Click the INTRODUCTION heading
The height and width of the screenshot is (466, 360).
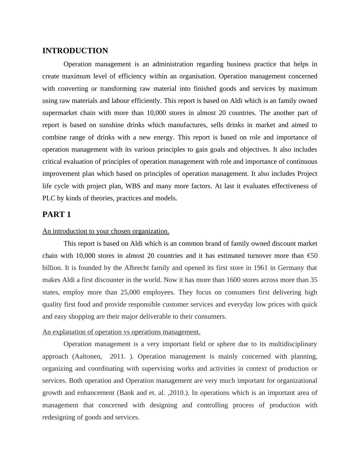(75, 51)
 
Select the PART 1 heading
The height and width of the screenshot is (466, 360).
(57, 215)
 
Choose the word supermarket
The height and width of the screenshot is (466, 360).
(59, 113)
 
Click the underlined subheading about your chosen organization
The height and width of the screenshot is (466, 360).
(106, 231)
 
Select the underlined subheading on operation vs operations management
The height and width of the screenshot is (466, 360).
(121, 332)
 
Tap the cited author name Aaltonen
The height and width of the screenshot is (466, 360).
(88, 356)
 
